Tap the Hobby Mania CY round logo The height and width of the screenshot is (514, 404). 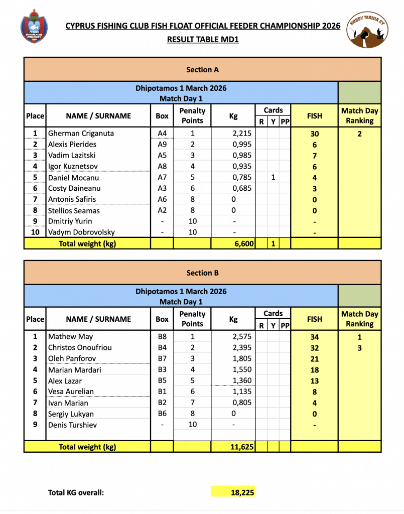(x=368, y=31)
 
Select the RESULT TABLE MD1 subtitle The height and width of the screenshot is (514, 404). (x=203, y=39)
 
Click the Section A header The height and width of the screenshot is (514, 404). (x=202, y=70)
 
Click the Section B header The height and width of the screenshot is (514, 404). (x=202, y=273)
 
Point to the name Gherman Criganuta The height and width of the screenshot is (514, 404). (x=81, y=134)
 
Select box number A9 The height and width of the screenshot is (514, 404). (x=162, y=145)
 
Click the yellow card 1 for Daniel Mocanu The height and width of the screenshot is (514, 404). (x=273, y=178)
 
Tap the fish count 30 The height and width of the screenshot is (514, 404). (x=315, y=134)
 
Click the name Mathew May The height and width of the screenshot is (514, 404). (x=71, y=337)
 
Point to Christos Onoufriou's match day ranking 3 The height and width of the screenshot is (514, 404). (x=359, y=348)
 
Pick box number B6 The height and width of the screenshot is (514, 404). (x=162, y=414)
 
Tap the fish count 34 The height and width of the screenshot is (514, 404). (x=315, y=337)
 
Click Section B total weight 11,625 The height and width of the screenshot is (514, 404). (x=239, y=447)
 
